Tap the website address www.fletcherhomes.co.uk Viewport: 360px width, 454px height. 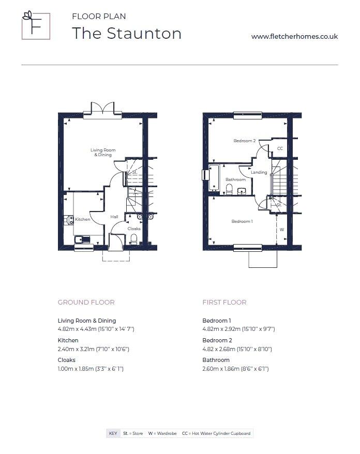[294, 37]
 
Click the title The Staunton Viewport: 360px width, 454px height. [127, 33]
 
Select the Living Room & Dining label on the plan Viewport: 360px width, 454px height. [103, 153]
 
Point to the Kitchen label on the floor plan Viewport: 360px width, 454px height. [83, 219]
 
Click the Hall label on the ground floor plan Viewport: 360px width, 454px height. [114, 217]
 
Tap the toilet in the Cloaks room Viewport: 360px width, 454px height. [133, 239]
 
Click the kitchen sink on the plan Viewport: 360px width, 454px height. [83, 240]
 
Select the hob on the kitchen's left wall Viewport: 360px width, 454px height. [69, 220]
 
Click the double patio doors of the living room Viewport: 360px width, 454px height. [102, 110]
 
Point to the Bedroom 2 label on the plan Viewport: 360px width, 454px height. [245, 141]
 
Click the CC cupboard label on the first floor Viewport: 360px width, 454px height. [280, 148]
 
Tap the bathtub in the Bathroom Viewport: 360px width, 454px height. [214, 177]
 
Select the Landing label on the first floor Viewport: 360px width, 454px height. [259, 172]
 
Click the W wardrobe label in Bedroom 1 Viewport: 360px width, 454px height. [282, 230]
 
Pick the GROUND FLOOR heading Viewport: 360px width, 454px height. [86, 302]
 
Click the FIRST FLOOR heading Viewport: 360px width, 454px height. [224, 302]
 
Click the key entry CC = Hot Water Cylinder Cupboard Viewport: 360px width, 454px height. [216, 433]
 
